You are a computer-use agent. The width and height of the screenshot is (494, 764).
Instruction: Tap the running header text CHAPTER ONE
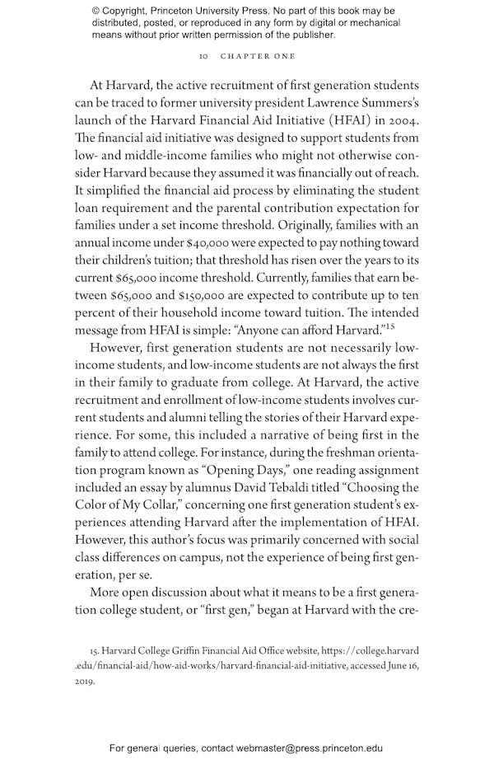coord(258,56)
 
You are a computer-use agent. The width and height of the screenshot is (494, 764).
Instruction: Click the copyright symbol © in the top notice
coord(96,11)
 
